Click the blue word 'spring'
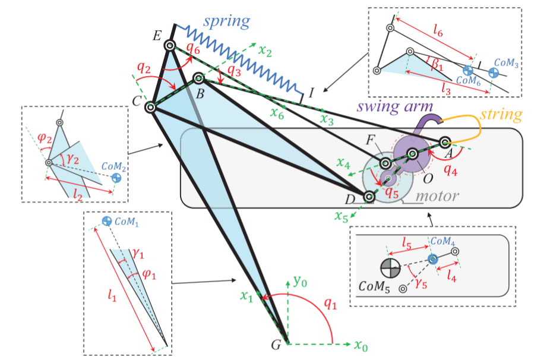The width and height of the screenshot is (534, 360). (x=226, y=22)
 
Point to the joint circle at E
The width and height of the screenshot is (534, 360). (x=170, y=45)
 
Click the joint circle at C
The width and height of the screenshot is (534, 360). (x=150, y=107)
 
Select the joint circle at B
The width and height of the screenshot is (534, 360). (x=198, y=78)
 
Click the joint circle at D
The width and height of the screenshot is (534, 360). (x=369, y=196)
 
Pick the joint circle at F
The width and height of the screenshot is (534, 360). (x=385, y=163)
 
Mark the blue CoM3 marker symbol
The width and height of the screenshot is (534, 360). (x=493, y=72)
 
